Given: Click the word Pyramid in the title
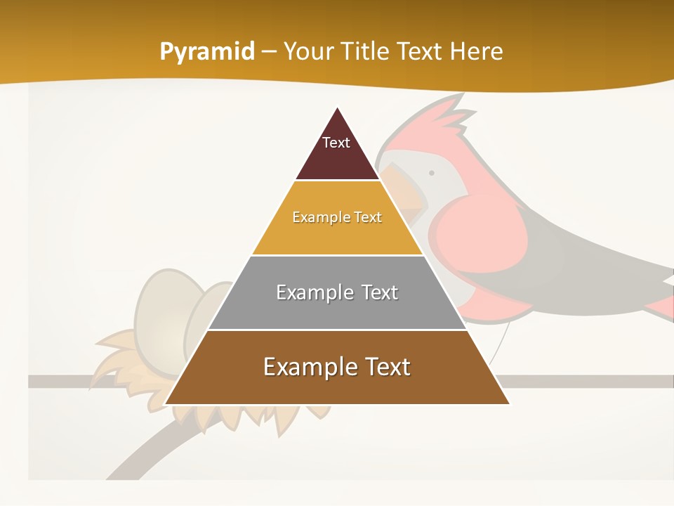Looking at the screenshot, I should click(206, 52).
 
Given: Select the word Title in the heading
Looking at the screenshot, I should click(364, 51).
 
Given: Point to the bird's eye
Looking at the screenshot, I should click(431, 173).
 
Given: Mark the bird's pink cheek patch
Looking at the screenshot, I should click(477, 232).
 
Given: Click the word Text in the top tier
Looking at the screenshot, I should click(336, 143).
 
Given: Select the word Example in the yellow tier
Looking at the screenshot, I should click(315, 218).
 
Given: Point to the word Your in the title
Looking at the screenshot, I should click(307, 51).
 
